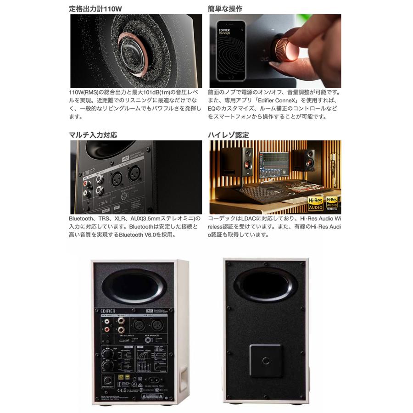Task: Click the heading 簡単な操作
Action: pyautogui.click(x=225, y=9)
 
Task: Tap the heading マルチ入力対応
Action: pyautogui.click(x=93, y=135)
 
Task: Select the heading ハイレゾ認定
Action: pyautogui.click(x=229, y=135)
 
